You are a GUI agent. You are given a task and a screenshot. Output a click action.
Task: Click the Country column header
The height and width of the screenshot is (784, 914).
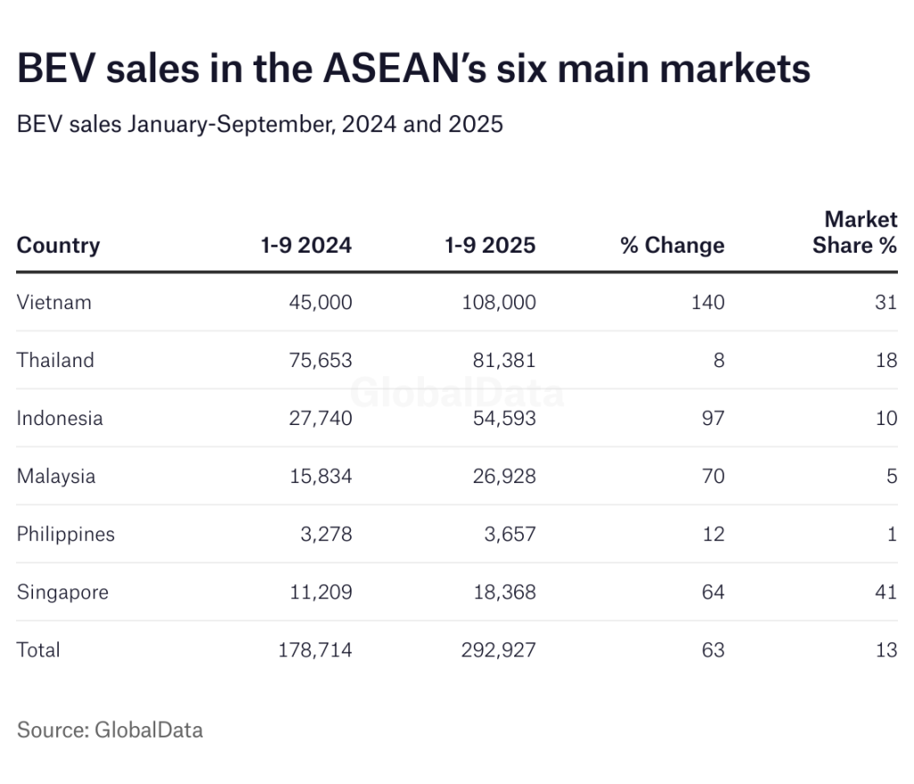[58, 245]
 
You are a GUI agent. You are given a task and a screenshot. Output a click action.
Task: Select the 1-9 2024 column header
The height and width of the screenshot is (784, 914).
[307, 245]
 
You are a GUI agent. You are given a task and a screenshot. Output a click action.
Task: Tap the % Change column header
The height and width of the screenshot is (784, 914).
[672, 245]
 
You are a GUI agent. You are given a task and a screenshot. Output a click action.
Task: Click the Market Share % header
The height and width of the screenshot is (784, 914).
[856, 232]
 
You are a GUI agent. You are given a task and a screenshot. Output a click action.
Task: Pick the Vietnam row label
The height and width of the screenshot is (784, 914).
[54, 302]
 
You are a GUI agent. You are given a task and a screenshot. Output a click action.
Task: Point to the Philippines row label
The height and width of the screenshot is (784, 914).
[66, 534]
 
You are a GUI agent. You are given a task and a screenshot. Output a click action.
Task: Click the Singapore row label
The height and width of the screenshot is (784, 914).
[62, 592]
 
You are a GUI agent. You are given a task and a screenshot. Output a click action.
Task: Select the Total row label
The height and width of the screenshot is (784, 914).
[38, 650]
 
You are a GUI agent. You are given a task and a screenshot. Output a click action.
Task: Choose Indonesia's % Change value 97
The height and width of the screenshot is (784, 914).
[712, 418]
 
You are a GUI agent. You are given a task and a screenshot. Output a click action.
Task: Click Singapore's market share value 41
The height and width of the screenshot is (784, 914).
[885, 592]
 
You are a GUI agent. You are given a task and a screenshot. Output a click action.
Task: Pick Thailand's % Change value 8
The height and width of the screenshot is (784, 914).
[719, 360]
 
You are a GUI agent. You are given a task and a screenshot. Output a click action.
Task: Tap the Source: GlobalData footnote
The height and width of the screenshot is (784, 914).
[110, 730]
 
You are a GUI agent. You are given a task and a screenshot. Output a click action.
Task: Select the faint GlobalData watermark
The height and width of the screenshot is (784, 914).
[456, 392]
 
